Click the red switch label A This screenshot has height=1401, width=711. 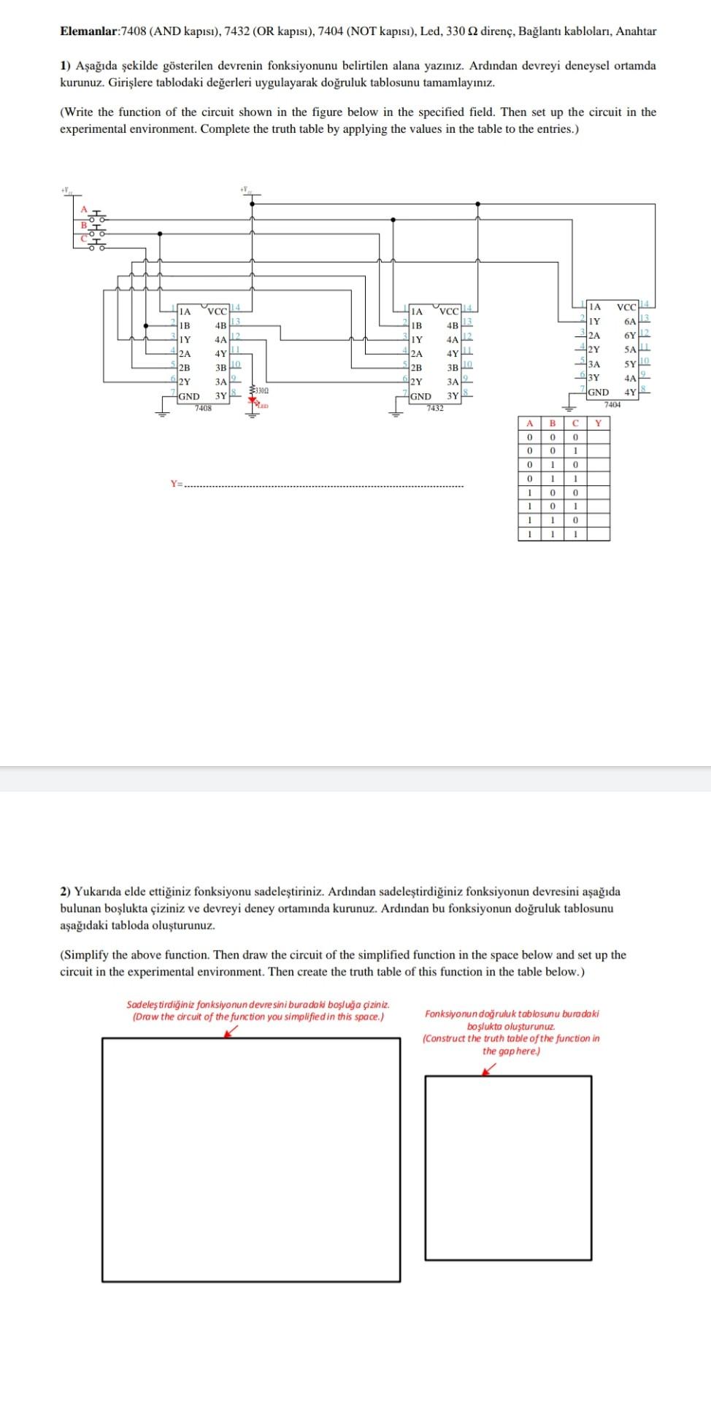pyautogui.click(x=84, y=209)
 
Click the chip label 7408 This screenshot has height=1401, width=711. pyautogui.click(x=203, y=408)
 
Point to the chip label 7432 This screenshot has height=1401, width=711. pyautogui.click(x=435, y=408)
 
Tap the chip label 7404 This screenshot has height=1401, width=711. pyautogui.click(x=612, y=404)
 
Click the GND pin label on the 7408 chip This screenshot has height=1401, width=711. pyautogui.click(x=189, y=396)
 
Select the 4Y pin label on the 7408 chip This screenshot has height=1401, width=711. pyautogui.click(x=220, y=354)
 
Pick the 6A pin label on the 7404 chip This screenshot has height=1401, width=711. pyautogui.click(x=630, y=321)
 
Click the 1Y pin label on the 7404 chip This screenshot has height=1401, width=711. pyautogui.click(x=595, y=321)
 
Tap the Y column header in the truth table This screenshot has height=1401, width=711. pyautogui.click(x=599, y=423)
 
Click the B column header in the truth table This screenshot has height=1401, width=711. pyautogui.click(x=553, y=423)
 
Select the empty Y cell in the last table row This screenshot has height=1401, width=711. pyautogui.click(x=599, y=534)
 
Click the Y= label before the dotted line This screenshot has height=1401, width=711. pyautogui.click(x=176, y=483)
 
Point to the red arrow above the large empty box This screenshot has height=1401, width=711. pyautogui.click(x=231, y=1030)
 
